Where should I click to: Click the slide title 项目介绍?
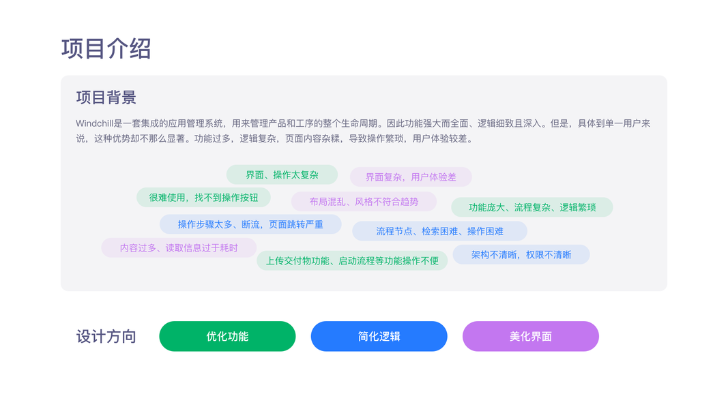pyautogui.click(x=106, y=49)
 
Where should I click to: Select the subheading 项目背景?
pyautogui.click(x=106, y=97)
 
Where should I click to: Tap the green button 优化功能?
pyautogui.click(x=227, y=336)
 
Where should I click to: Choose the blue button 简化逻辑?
pyautogui.click(x=379, y=336)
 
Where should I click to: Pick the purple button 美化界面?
pyautogui.click(x=530, y=336)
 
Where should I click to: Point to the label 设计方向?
pyautogui.click(x=106, y=337)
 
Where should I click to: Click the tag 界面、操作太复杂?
pyautogui.click(x=282, y=175)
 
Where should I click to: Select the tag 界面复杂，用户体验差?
pyautogui.click(x=411, y=177)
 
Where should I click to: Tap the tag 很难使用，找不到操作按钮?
pyautogui.click(x=203, y=198)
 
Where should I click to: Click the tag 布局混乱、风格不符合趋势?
pyautogui.click(x=364, y=202)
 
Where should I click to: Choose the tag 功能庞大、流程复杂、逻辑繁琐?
pyautogui.click(x=532, y=207)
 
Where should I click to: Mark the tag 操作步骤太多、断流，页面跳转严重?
pyautogui.click(x=250, y=224)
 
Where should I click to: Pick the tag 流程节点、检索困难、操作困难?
pyautogui.click(x=439, y=231)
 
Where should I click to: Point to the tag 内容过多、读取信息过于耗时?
pyautogui.click(x=179, y=248)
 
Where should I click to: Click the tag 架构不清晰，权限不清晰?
pyautogui.click(x=521, y=255)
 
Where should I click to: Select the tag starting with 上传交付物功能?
pyautogui.click(x=352, y=260)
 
